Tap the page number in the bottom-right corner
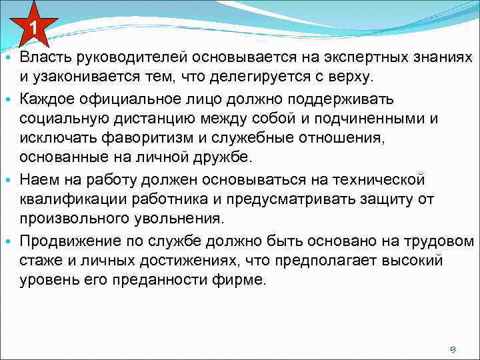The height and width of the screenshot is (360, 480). tap(453, 349)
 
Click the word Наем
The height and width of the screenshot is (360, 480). tap(36, 180)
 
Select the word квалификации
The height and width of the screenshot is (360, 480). tap(69, 199)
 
